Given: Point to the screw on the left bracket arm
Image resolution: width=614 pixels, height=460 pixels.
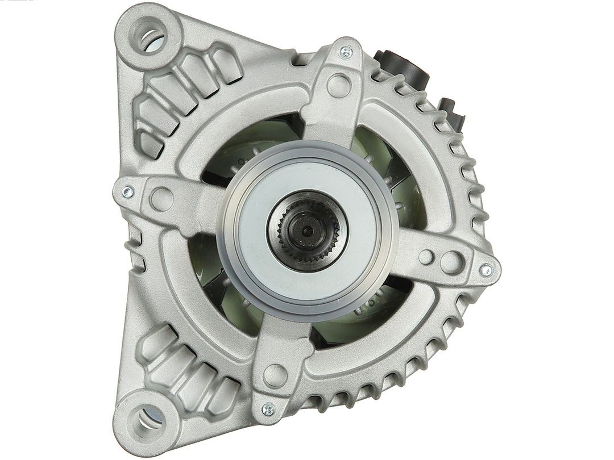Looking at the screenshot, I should pyautogui.click(x=127, y=192).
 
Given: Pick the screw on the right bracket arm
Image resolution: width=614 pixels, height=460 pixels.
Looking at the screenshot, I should pyautogui.click(x=486, y=270).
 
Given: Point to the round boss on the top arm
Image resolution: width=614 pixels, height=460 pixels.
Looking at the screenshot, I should pyautogui.click(x=339, y=85).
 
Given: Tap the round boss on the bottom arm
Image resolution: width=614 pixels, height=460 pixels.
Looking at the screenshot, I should pyautogui.click(x=276, y=375).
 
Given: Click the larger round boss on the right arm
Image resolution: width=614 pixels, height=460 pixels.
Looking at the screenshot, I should pyautogui.click(x=451, y=261).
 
